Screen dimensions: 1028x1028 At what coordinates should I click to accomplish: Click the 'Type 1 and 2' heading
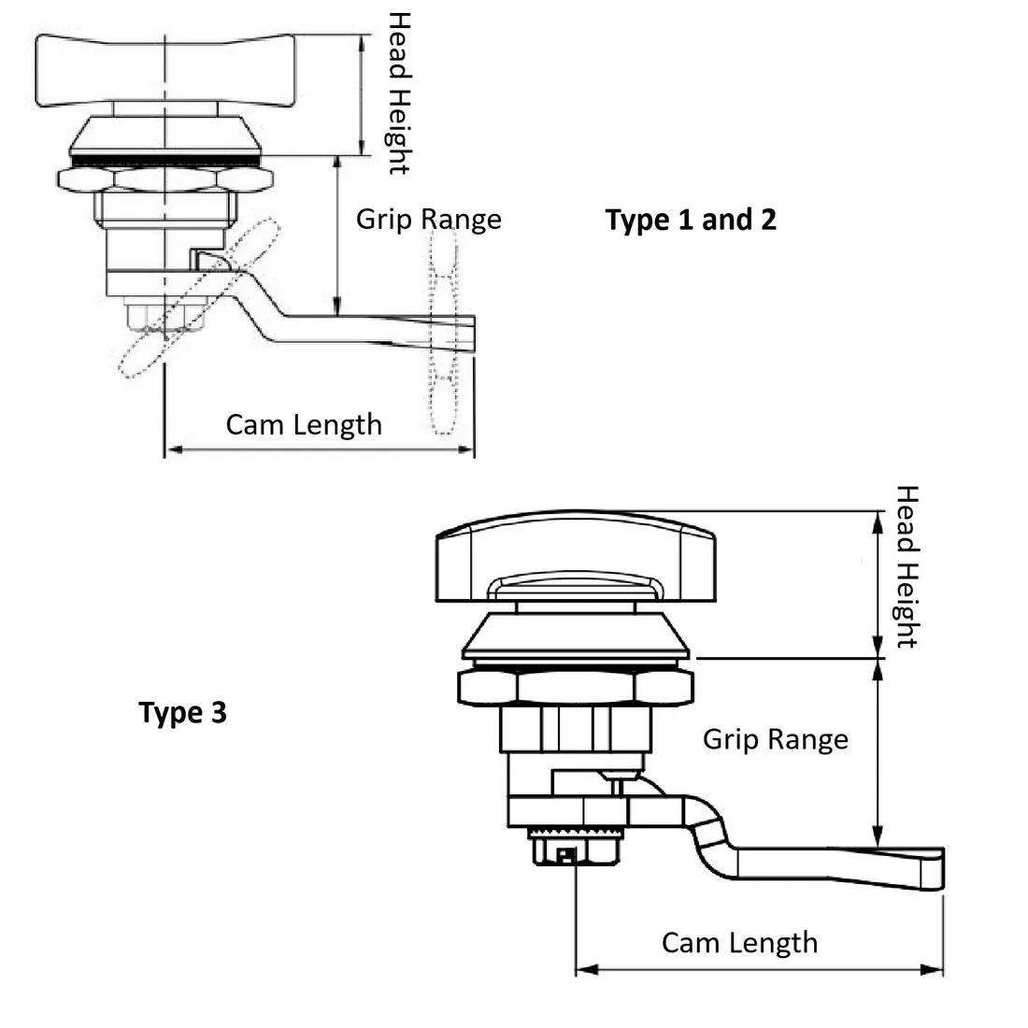pyautogui.click(x=691, y=220)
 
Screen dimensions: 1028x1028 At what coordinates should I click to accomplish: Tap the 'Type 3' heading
pyautogui.click(x=183, y=713)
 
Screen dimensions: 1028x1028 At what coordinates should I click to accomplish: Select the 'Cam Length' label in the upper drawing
pyautogui.click(x=304, y=424)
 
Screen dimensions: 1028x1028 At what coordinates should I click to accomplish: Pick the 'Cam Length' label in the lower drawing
pyautogui.click(x=739, y=942)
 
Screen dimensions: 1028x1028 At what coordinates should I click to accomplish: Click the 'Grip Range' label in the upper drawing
pyautogui.click(x=429, y=219)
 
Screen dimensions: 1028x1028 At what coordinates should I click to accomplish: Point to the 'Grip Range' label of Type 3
pyautogui.click(x=776, y=739)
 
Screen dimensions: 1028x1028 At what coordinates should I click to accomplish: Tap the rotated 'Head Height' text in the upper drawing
pyautogui.click(x=399, y=93)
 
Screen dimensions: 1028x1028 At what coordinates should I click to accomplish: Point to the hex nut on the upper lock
pyautogui.click(x=164, y=178)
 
